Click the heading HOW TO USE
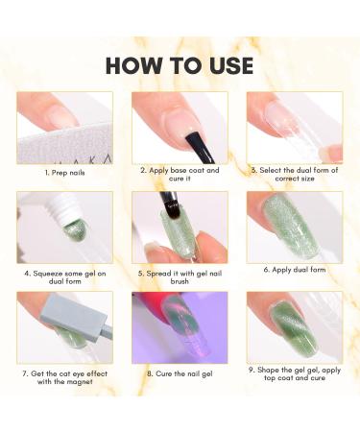point(180,64)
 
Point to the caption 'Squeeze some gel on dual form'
point(64,276)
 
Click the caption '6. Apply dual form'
point(295,272)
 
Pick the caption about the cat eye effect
point(64,377)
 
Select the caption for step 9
point(295,377)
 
